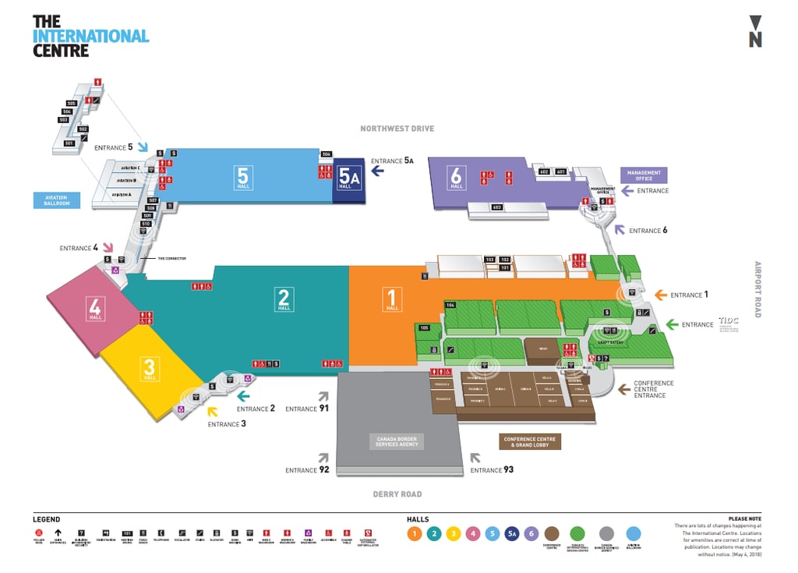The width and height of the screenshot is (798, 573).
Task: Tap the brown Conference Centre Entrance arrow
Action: point(623,387)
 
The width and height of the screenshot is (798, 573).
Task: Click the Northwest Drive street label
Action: point(397,128)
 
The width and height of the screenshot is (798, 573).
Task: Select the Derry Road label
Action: point(397,494)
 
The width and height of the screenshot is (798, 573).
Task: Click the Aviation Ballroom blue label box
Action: point(57,200)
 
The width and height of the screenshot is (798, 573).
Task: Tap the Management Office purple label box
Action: point(644,175)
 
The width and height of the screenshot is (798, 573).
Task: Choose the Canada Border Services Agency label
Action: point(397,442)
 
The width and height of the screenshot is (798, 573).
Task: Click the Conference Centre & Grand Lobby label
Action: point(530,442)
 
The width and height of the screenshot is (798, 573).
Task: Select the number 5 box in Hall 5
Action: point(243,175)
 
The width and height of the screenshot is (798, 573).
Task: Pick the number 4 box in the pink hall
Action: point(96,306)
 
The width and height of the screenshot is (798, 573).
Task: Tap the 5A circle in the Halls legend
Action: point(512,533)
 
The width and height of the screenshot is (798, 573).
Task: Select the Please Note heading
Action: point(744,518)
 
